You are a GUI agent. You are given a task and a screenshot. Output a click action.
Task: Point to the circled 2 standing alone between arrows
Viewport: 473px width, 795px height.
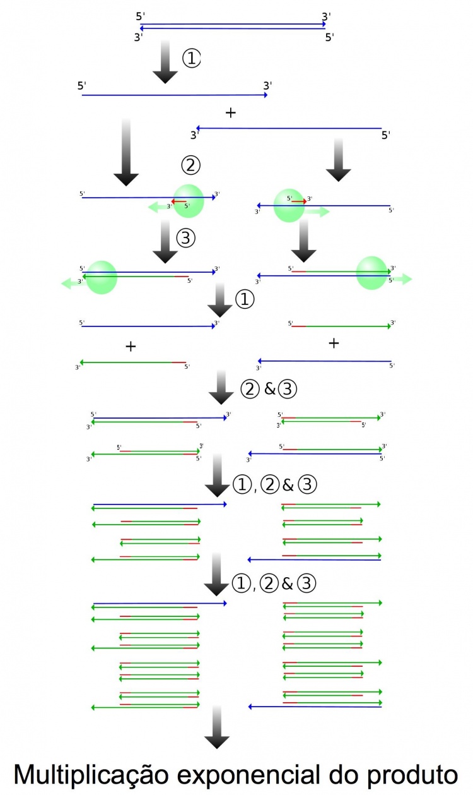coord(190,165)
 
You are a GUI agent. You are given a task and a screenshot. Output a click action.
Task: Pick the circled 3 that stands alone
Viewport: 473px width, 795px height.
coord(187,238)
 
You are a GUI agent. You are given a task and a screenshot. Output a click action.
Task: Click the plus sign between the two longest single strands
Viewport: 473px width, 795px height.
coord(231,113)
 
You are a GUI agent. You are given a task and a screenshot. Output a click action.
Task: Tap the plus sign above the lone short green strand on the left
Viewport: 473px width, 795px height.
coord(131,346)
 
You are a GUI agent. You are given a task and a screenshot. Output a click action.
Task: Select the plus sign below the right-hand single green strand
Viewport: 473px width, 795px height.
coord(334,343)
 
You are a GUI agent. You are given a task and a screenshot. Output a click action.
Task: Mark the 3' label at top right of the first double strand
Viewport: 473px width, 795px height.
coord(326,15)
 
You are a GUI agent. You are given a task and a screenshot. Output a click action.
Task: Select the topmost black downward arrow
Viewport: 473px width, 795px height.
coord(165,61)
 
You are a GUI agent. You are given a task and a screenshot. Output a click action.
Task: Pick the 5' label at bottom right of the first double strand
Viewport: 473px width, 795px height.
coord(329,37)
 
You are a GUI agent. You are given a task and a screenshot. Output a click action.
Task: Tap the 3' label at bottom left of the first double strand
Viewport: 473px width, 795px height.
coord(139,37)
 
